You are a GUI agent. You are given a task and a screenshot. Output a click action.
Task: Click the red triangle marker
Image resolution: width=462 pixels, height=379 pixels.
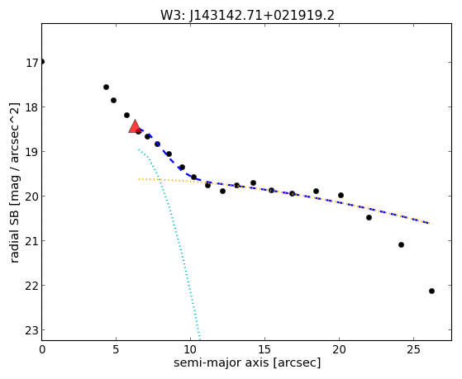point(135,126)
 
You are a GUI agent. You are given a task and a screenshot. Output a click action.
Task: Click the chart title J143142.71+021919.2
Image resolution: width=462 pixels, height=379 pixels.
point(262,16)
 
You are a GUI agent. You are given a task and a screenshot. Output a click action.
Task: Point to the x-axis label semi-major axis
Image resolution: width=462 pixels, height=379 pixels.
point(221,362)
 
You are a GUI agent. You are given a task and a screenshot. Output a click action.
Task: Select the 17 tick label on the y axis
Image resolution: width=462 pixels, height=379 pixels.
point(32,63)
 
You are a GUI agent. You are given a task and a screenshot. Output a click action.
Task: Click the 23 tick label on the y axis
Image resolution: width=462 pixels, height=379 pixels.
point(32,330)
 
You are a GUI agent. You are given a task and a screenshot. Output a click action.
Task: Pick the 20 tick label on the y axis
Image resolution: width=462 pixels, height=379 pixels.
point(32,197)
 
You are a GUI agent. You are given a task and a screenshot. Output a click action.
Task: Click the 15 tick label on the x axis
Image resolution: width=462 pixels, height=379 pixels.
point(264,349)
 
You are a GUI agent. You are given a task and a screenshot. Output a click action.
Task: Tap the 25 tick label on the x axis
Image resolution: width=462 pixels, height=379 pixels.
point(413,349)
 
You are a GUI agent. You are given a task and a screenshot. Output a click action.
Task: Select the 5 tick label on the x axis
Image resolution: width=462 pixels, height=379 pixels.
point(116,349)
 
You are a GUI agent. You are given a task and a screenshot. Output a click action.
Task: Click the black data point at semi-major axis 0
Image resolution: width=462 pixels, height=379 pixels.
point(42,62)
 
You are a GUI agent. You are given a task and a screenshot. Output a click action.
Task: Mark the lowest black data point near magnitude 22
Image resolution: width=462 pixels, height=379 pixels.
point(431,291)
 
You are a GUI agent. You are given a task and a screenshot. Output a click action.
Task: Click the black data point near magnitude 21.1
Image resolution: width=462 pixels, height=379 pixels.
point(401,244)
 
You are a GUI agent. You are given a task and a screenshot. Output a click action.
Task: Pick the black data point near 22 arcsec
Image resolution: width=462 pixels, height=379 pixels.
point(369,218)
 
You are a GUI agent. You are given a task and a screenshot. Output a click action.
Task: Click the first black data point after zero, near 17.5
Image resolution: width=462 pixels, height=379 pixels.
point(106,87)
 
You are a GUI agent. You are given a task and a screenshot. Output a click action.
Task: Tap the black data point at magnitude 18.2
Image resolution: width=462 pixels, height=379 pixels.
point(126,115)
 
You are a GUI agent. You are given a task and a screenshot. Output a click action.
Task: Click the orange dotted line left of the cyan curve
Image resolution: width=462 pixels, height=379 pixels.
point(149,179)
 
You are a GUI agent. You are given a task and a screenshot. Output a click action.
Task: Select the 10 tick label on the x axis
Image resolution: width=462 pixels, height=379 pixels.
point(190,349)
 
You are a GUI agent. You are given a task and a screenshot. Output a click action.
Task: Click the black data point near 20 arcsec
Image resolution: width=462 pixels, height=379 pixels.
point(341,195)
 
